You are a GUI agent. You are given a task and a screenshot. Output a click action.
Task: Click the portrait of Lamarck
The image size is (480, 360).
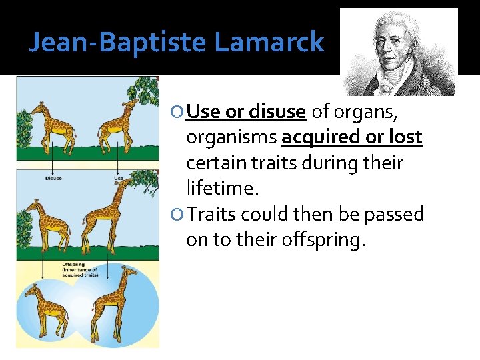pos(399,52)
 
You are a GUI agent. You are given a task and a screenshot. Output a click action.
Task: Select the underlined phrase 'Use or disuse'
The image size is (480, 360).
pos(246,111)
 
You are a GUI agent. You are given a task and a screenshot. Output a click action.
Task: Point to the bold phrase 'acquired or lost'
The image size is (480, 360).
pos(352,137)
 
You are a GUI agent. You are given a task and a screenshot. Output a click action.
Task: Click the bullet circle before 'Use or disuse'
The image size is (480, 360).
pos(179,113)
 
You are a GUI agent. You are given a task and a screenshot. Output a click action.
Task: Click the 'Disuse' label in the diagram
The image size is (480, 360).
pos(54,178)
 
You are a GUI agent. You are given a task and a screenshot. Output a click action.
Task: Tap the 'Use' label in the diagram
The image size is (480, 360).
pos(119,178)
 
